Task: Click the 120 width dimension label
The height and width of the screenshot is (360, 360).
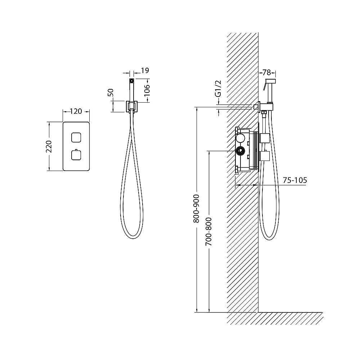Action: coord(76,111)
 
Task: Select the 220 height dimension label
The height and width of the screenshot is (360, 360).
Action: coord(49,147)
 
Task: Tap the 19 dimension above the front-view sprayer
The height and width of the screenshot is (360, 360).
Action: coord(145,70)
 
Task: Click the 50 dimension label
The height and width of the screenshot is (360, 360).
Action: coord(111,93)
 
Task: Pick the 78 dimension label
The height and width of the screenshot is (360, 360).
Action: coord(266,73)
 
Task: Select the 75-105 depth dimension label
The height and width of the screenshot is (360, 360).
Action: coord(295,180)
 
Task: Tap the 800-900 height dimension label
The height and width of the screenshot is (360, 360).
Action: coord(196,209)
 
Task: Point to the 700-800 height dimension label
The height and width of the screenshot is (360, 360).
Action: coord(209,231)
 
